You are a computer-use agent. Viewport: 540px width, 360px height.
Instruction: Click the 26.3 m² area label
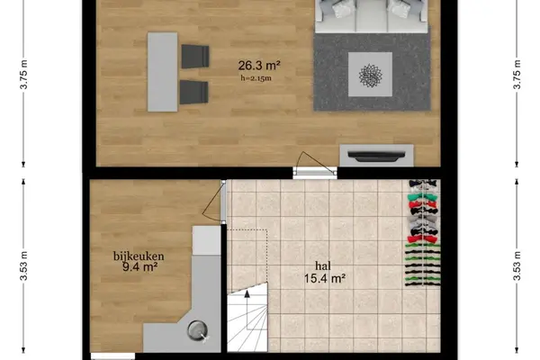tap(259, 65)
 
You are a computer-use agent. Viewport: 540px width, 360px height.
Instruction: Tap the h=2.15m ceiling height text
tap(256, 78)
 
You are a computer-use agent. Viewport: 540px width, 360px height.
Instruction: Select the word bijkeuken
tap(139, 256)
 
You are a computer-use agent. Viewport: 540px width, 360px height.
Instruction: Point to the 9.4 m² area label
tap(139, 267)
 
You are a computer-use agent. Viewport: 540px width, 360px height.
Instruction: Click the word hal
tap(323, 265)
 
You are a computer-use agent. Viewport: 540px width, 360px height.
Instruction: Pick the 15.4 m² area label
tap(324, 278)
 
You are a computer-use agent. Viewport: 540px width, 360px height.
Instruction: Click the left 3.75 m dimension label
tap(23, 75)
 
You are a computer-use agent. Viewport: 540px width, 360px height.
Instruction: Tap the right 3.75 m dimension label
tap(517, 75)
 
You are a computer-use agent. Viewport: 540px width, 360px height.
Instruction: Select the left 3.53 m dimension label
tap(23, 266)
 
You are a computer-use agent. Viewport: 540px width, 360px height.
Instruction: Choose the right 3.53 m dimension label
tap(517, 266)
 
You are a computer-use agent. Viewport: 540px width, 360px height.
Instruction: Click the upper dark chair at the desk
tap(195, 56)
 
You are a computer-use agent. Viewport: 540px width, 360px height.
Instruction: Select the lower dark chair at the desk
tap(193, 92)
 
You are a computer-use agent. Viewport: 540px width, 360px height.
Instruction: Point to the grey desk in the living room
tap(163, 72)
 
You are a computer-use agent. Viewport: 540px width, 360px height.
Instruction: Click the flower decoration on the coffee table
tap(370, 75)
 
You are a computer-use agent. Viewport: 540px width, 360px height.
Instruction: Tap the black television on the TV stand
tap(376, 156)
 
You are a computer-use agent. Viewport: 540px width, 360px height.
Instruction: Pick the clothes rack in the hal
tap(423, 233)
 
